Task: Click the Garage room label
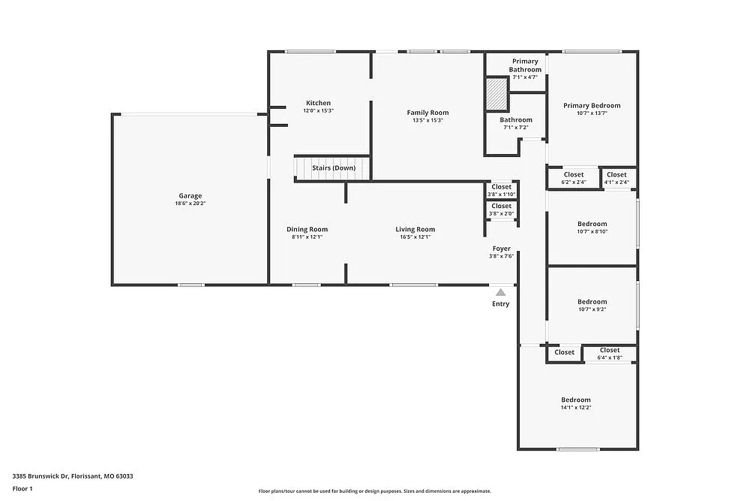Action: (x=190, y=196)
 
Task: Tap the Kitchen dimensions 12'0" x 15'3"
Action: (x=318, y=111)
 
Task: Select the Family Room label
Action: (x=428, y=113)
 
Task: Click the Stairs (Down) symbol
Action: (x=333, y=168)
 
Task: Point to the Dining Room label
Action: (x=307, y=229)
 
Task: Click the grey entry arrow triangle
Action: (x=500, y=291)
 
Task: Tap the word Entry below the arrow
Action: (x=500, y=304)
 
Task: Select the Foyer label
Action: (x=501, y=249)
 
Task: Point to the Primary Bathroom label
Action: (x=525, y=65)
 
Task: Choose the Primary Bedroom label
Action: (x=592, y=106)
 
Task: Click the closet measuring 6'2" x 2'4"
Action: (x=574, y=178)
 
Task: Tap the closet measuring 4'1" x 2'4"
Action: (x=616, y=178)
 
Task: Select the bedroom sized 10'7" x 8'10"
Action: (x=592, y=228)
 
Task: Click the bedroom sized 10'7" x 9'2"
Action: (x=592, y=305)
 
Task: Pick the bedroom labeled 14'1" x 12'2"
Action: (x=576, y=403)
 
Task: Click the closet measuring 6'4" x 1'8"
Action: (x=610, y=353)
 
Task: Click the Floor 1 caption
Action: (x=22, y=489)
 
